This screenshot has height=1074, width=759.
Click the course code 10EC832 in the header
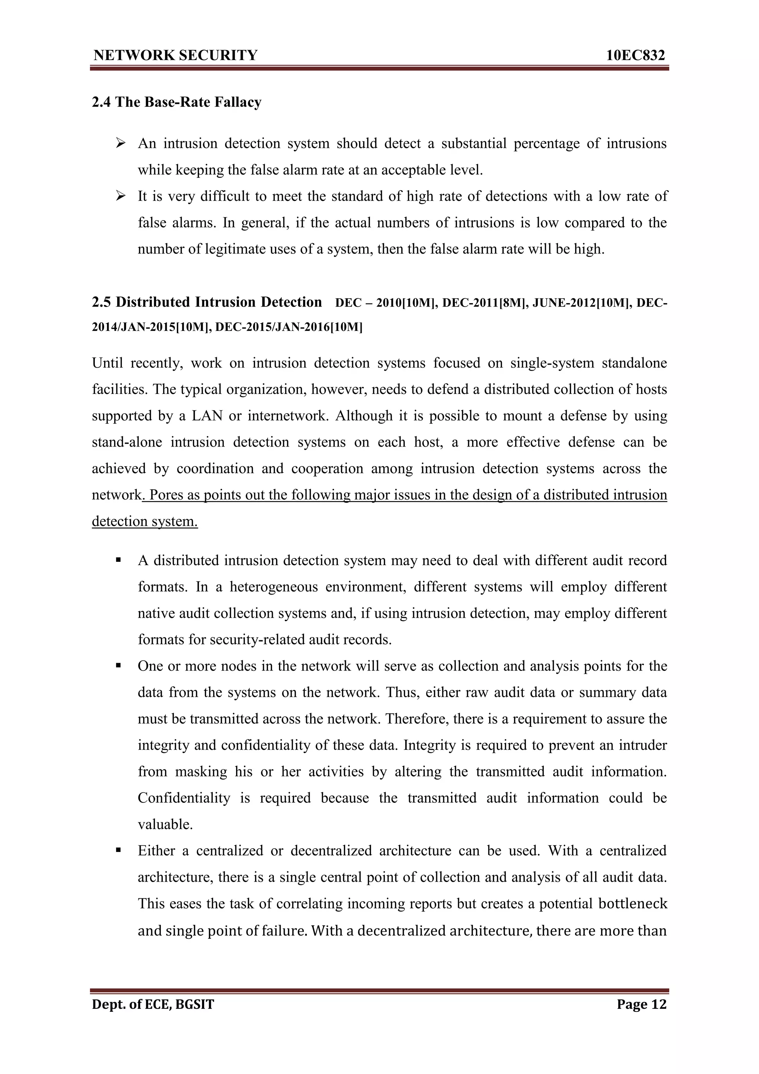[635, 55]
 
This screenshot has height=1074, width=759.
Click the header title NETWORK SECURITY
[175, 55]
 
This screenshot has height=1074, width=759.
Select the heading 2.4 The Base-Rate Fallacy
[176, 102]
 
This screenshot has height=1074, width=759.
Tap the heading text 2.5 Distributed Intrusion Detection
[207, 302]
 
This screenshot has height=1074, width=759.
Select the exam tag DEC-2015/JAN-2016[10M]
[289, 328]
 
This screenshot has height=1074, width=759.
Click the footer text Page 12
[641, 1004]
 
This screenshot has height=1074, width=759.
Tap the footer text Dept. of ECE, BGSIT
[153, 1004]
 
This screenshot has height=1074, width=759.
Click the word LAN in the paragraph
[207, 416]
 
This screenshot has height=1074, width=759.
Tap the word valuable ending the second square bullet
[165, 824]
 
